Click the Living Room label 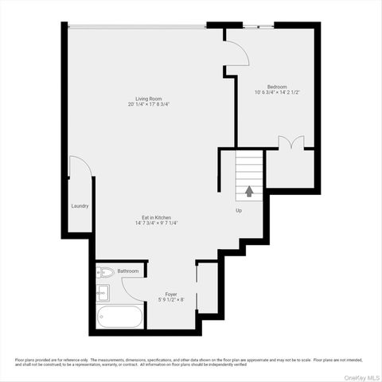[x=149, y=98]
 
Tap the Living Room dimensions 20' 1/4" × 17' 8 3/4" [x=149, y=104]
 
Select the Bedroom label [x=277, y=86]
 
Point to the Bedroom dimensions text [x=277, y=92]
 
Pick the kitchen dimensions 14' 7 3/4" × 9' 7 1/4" [x=156, y=223]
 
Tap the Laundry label [x=80, y=206]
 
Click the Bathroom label [x=128, y=271]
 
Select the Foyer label [x=171, y=293]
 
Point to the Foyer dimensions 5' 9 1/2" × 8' [x=171, y=299]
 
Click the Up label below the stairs [x=238, y=211]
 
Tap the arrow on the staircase [x=249, y=191]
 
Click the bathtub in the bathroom [x=120, y=317]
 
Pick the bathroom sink [x=102, y=293]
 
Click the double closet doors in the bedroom [x=290, y=143]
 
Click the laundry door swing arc [x=80, y=168]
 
